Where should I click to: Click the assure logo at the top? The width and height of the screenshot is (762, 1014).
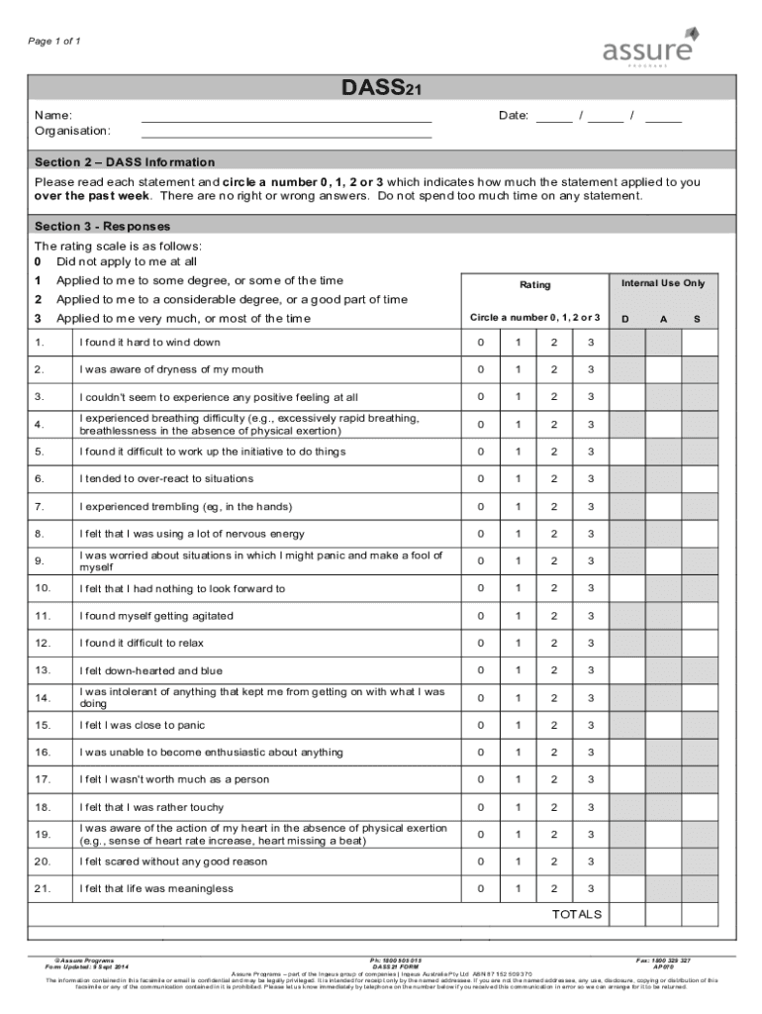649,49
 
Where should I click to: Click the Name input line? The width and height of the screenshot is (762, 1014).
287,117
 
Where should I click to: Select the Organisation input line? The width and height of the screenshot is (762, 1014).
287,132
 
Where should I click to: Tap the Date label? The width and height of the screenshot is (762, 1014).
514,116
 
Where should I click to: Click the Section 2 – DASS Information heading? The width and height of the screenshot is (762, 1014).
125,162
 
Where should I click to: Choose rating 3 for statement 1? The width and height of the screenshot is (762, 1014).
590,343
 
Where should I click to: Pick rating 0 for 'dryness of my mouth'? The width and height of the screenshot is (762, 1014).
480,370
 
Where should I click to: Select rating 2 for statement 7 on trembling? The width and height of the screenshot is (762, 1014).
554,507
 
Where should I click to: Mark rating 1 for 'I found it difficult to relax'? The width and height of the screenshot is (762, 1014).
517,644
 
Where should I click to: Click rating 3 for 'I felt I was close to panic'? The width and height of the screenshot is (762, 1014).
590,726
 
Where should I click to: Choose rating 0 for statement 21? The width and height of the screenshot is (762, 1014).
480,889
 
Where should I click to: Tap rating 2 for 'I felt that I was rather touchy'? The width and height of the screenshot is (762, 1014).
554,807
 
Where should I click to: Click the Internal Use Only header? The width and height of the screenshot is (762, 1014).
663,284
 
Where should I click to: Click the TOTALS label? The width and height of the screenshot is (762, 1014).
576,914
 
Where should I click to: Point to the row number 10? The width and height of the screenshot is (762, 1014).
43,589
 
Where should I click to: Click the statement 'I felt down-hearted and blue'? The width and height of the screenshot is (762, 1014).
151,670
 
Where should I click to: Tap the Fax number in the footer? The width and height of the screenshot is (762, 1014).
663,961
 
